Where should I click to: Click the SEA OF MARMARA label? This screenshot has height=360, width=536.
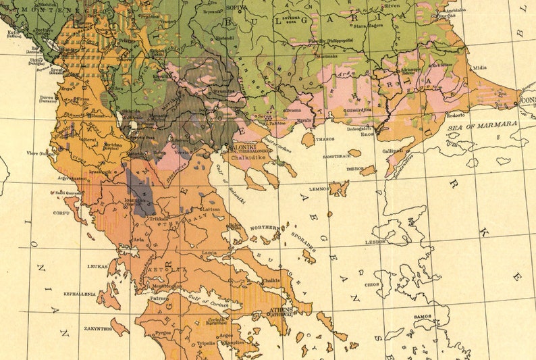tap(483, 124)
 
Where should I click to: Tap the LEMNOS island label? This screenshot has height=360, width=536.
tap(319, 189)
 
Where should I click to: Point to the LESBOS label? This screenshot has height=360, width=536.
tap(376, 241)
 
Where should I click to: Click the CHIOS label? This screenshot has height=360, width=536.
tap(371, 284)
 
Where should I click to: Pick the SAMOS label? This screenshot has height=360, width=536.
tap(423, 315)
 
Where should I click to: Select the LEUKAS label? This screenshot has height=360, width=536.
tap(97, 266)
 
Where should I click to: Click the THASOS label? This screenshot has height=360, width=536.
tap(325, 138)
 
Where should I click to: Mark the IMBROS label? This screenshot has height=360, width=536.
tap(355, 168)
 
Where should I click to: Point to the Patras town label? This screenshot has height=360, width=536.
tap(159, 297)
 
